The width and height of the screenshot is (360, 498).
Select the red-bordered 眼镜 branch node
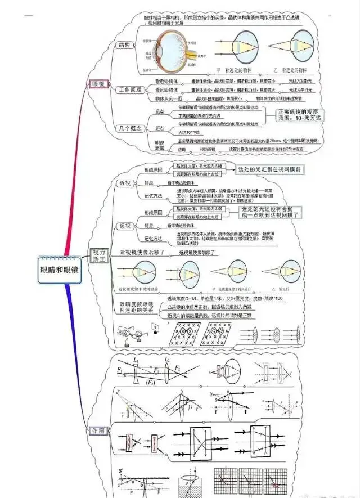click(97, 84)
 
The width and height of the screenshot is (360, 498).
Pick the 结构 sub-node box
click(125, 45)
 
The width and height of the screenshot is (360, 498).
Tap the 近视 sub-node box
click(125, 182)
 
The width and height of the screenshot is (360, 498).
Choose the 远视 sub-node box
click(125, 226)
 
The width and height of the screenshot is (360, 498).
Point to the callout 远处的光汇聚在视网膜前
click(270, 169)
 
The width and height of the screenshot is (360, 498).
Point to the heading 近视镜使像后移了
click(141, 253)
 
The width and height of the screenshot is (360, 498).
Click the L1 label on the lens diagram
click(136, 360)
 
